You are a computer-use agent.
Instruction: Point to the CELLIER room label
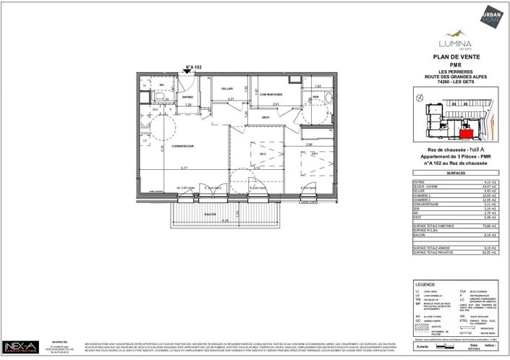pos(226,88)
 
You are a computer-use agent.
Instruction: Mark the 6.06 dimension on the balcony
pos(225,220)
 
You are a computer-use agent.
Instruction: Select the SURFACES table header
pos(455,173)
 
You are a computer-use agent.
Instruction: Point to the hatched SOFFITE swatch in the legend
pos(416,323)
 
